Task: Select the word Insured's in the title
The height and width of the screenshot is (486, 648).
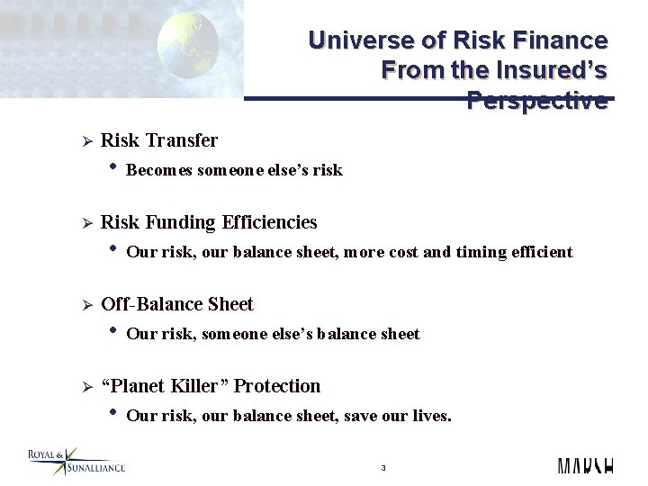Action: pos(561,69)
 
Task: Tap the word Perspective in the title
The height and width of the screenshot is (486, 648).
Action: pos(537,101)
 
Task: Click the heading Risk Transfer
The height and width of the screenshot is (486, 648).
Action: pos(159,140)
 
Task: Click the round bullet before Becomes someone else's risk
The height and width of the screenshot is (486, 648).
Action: pos(112,167)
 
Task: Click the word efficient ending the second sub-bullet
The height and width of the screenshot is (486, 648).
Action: pos(541,252)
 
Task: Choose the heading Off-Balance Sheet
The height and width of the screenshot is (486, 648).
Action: pos(177,304)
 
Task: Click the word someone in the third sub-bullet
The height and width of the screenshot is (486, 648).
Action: pos(236,334)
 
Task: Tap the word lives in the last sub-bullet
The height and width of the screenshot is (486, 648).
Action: pos(430,416)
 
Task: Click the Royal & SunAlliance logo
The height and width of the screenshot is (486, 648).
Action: pos(76,462)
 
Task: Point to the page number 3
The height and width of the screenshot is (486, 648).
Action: pos(383,468)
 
